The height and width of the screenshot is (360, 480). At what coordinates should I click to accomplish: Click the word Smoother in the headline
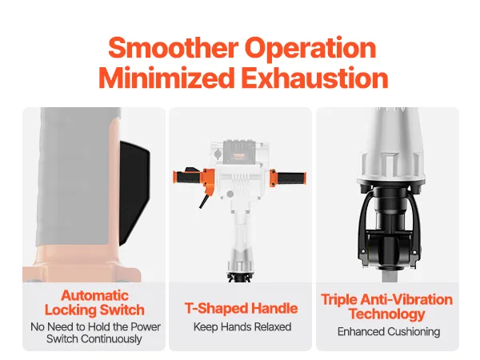tap(173, 47)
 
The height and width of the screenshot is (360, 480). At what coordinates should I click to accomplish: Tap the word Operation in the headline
tap(310, 49)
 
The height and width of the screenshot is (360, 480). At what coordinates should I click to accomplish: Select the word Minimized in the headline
tap(166, 78)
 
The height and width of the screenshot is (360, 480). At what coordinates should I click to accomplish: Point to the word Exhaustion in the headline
tap(314, 78)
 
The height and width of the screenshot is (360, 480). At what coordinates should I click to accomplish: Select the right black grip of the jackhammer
tap(290, 178)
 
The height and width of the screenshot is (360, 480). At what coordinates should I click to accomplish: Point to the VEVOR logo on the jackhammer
tap(239, 155)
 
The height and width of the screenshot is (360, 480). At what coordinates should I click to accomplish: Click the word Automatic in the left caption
tap(94, 296)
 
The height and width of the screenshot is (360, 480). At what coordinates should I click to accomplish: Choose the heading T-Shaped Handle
tap(242, 308)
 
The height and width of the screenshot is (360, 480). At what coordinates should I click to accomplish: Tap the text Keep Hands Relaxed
tap(242, 327)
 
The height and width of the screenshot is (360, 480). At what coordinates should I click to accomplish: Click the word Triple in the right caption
tap(339, 300)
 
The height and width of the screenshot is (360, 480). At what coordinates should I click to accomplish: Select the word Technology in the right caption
tap(387, 314)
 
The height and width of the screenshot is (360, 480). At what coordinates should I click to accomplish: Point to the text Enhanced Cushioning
tap(389, 332)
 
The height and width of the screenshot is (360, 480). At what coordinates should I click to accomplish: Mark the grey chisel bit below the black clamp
tap(387, 277)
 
